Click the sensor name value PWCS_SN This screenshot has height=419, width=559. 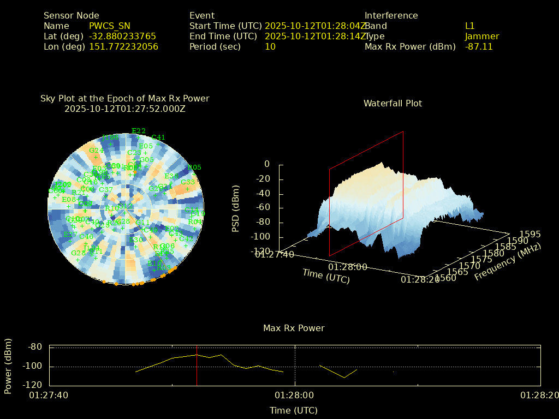point(109,26)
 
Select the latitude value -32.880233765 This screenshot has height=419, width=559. point(122,37)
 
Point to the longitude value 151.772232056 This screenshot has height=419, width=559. point(123,47)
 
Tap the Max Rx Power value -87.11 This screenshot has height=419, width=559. point(479,47)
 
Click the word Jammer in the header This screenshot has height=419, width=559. point(482,37)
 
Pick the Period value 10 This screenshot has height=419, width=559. point(270,47)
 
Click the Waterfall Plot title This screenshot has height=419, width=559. point(393,103)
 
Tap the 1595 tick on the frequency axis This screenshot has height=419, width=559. point(530,234)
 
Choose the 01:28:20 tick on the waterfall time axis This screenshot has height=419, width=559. point(420,279)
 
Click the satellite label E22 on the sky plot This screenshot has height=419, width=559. point(139,131)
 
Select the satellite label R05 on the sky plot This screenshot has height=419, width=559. point(194,167)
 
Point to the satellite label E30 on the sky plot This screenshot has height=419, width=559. point(135,240)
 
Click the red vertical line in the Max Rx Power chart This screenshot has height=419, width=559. point(197,366)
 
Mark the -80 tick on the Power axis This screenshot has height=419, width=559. point(35,347)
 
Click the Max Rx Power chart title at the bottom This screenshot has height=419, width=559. point(294,328)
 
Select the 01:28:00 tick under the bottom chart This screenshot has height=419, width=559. point(294,395)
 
